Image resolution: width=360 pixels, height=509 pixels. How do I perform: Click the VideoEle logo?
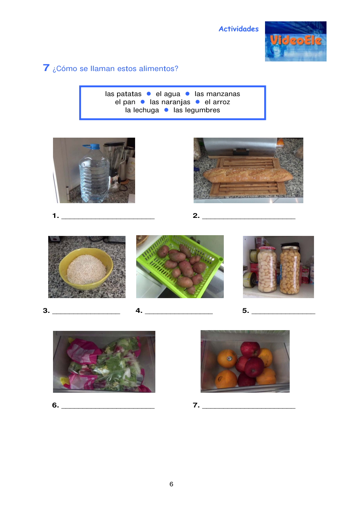[x=296, y=41]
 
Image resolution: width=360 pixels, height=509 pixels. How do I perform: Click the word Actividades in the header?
[x=239, y=29]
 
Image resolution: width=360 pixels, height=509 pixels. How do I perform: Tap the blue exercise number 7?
[x=46, y=68]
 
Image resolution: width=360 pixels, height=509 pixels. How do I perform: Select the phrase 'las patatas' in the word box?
[x=123, y=94]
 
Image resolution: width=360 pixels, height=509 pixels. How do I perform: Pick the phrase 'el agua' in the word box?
[x=168, y=94]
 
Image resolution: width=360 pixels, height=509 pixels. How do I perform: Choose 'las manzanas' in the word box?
[x=217, y=94]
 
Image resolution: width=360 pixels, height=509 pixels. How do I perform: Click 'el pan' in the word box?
[x=125, y=102]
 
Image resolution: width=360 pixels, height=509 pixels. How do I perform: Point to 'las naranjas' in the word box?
[x=170, y=102]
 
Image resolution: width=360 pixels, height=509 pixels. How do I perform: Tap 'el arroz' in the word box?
[x=217, y=102]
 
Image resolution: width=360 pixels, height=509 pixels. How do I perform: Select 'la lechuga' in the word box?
[x=142, y=110]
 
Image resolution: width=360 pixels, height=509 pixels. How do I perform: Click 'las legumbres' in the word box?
[x=197, y=110]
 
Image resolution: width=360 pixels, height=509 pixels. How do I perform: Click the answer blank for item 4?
[x=179, y=314]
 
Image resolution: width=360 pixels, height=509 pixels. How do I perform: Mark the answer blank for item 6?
[x=108, y=408]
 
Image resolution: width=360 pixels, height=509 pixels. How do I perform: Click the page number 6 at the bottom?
[x=172, y=484]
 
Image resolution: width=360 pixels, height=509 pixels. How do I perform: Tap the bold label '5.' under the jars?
[x=246, y=310]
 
